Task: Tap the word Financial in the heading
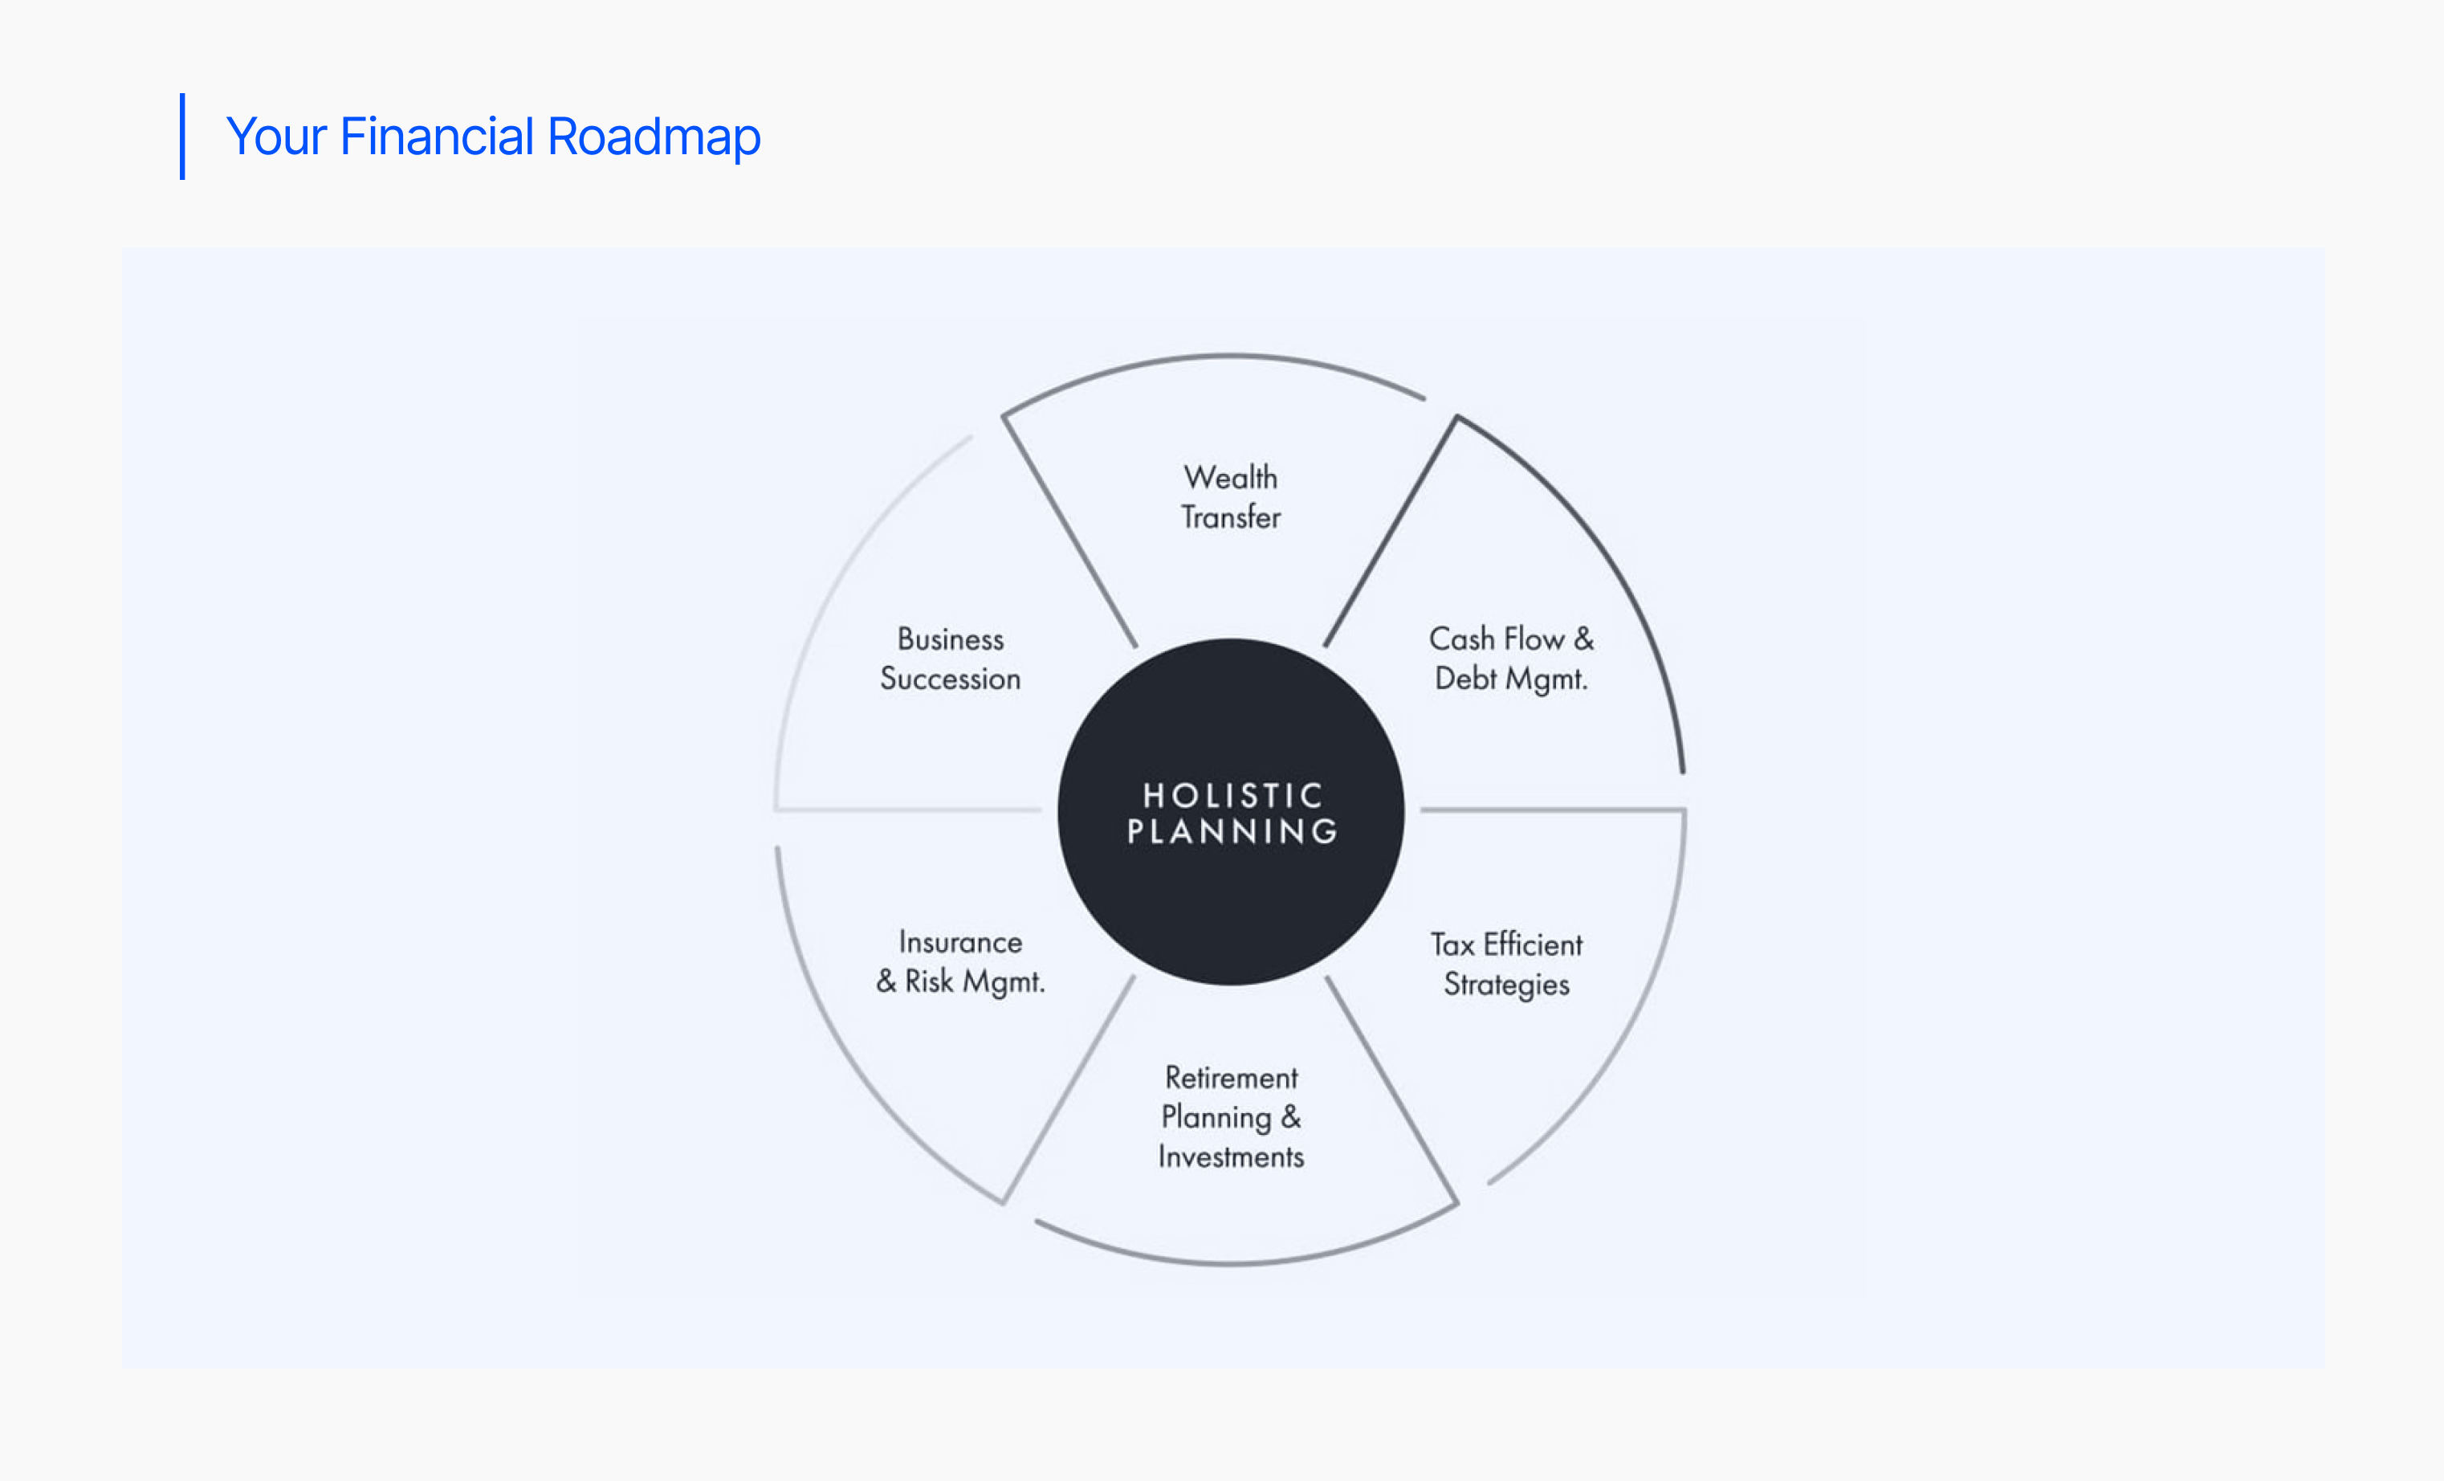(438, 136)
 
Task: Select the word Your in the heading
(277, 136)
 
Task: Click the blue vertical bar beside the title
(182, 137)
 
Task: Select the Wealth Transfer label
(1231, 497)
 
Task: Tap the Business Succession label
(951, 659)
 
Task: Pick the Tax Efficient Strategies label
(1507, 965)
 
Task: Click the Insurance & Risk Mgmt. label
(960, 961)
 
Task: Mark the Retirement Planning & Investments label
(1231, 1117)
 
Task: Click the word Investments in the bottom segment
(1231, 1157)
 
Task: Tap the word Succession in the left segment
(951, 679)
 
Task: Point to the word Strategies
(1507, 984)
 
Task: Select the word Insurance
(960, 941)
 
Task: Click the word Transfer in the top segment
(1231, 516)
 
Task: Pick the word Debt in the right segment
(1466, 679)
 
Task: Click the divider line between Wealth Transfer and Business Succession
(1069, 531)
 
